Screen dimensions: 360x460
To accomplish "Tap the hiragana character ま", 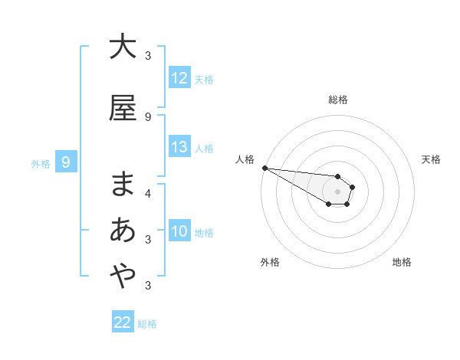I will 123,184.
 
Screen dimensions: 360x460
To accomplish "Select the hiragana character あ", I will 123,230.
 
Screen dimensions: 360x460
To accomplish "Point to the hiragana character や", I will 123,276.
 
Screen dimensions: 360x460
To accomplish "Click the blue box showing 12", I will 179,78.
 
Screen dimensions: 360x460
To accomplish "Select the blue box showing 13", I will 179,148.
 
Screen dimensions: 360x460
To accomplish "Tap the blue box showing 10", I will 179,231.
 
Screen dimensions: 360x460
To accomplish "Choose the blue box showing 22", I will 123,322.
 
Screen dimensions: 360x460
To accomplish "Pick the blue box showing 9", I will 66,162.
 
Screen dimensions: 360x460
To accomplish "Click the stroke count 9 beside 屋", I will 148,116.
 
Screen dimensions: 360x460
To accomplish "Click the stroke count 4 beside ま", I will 148,193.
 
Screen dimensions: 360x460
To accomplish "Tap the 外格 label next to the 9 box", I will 40,162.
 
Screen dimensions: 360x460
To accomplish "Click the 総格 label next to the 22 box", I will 147,323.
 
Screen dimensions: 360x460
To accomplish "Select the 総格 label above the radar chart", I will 337,100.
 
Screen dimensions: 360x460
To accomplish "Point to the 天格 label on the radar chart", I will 431,159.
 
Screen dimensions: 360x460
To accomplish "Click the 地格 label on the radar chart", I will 402,262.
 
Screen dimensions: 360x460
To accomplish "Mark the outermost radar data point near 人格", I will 264,168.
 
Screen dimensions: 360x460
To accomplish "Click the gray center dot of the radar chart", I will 337,191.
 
